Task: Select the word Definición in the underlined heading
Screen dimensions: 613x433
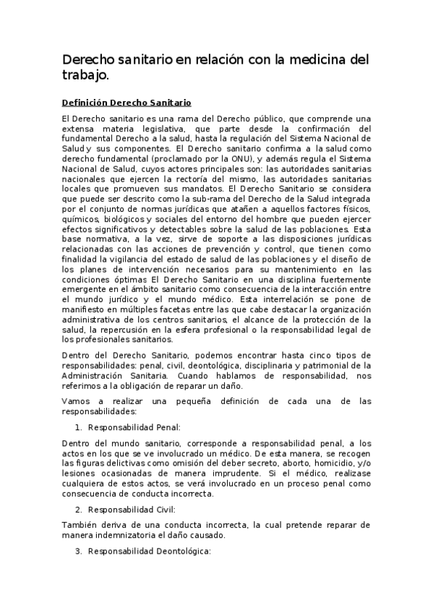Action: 87,103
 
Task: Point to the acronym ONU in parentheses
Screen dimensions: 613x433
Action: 237,157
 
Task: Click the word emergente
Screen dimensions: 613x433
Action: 85,288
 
